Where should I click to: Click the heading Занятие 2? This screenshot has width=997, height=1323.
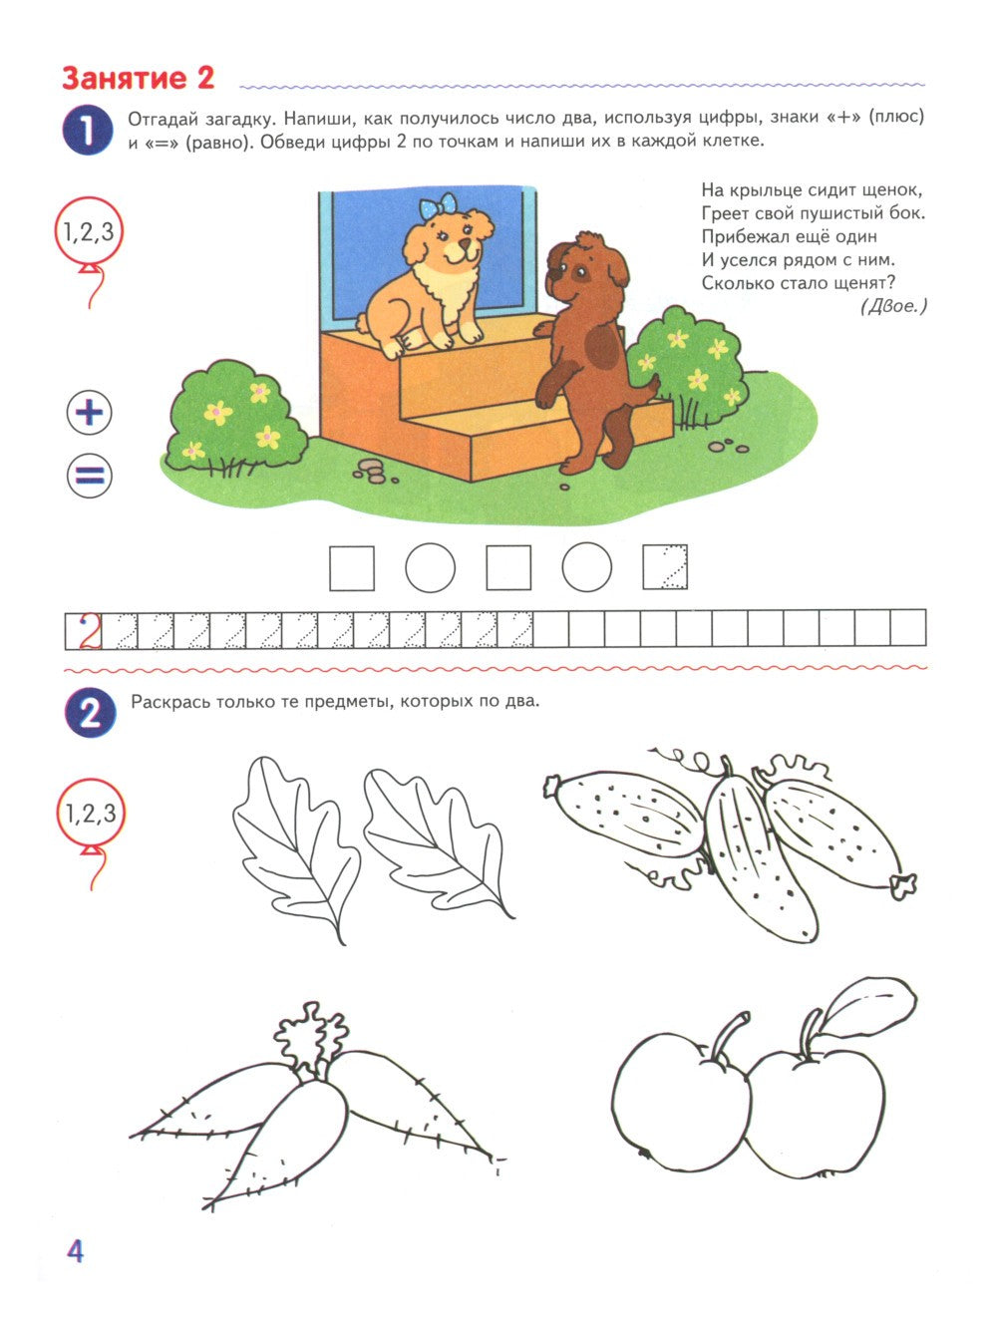[x=138, y=79]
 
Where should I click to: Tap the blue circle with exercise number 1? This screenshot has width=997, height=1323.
[x=89, y=133]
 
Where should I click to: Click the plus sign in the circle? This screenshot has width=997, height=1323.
[x=90, y=413]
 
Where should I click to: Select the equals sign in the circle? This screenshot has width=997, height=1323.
[x=90, y=476]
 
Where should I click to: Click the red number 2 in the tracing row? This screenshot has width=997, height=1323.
[x=91, y=631]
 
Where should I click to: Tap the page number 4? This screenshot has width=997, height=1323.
[x=75, y=1250]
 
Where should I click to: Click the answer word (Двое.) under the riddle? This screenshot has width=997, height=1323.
[x=893, y=306]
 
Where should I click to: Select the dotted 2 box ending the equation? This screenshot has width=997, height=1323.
[x=666, y=567]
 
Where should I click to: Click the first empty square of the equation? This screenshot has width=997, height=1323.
[x=352, y=567]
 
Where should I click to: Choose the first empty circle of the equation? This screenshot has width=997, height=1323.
[x=431, y=567]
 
